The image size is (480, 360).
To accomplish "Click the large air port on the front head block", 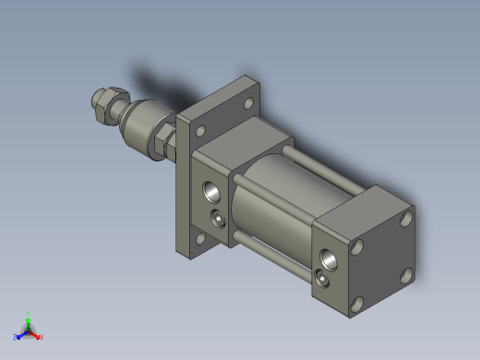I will (x=211, y=192).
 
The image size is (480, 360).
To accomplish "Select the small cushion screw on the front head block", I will (x=219, y=219).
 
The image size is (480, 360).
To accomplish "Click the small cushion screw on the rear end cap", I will (x=321, y=278).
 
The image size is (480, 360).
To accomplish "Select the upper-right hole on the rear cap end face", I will (x=405, y=220).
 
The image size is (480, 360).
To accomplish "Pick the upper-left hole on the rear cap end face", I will (x=357, y=247).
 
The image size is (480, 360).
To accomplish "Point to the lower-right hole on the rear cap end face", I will (x=405, y=274).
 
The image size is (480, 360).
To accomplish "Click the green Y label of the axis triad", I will (x=29, y=314).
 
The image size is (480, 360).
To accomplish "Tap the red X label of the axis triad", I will (x=41, y=337).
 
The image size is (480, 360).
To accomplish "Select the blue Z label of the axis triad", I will (x=16, y=338).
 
